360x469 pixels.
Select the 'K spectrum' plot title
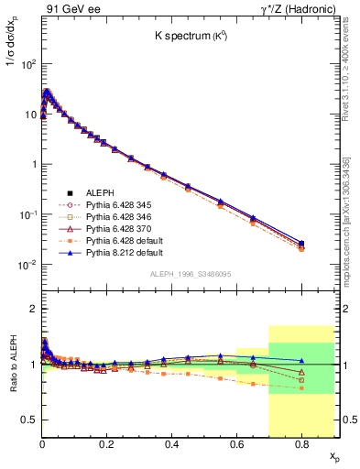pyautogui.click(x=187, y=38)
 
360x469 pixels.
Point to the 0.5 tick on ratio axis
pyautogui.click(x=30, y=420)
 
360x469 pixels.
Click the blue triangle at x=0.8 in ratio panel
pyautogui.click(x=301, y=361)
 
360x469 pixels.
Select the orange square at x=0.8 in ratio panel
pyautogui.click(x=301, y=388)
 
